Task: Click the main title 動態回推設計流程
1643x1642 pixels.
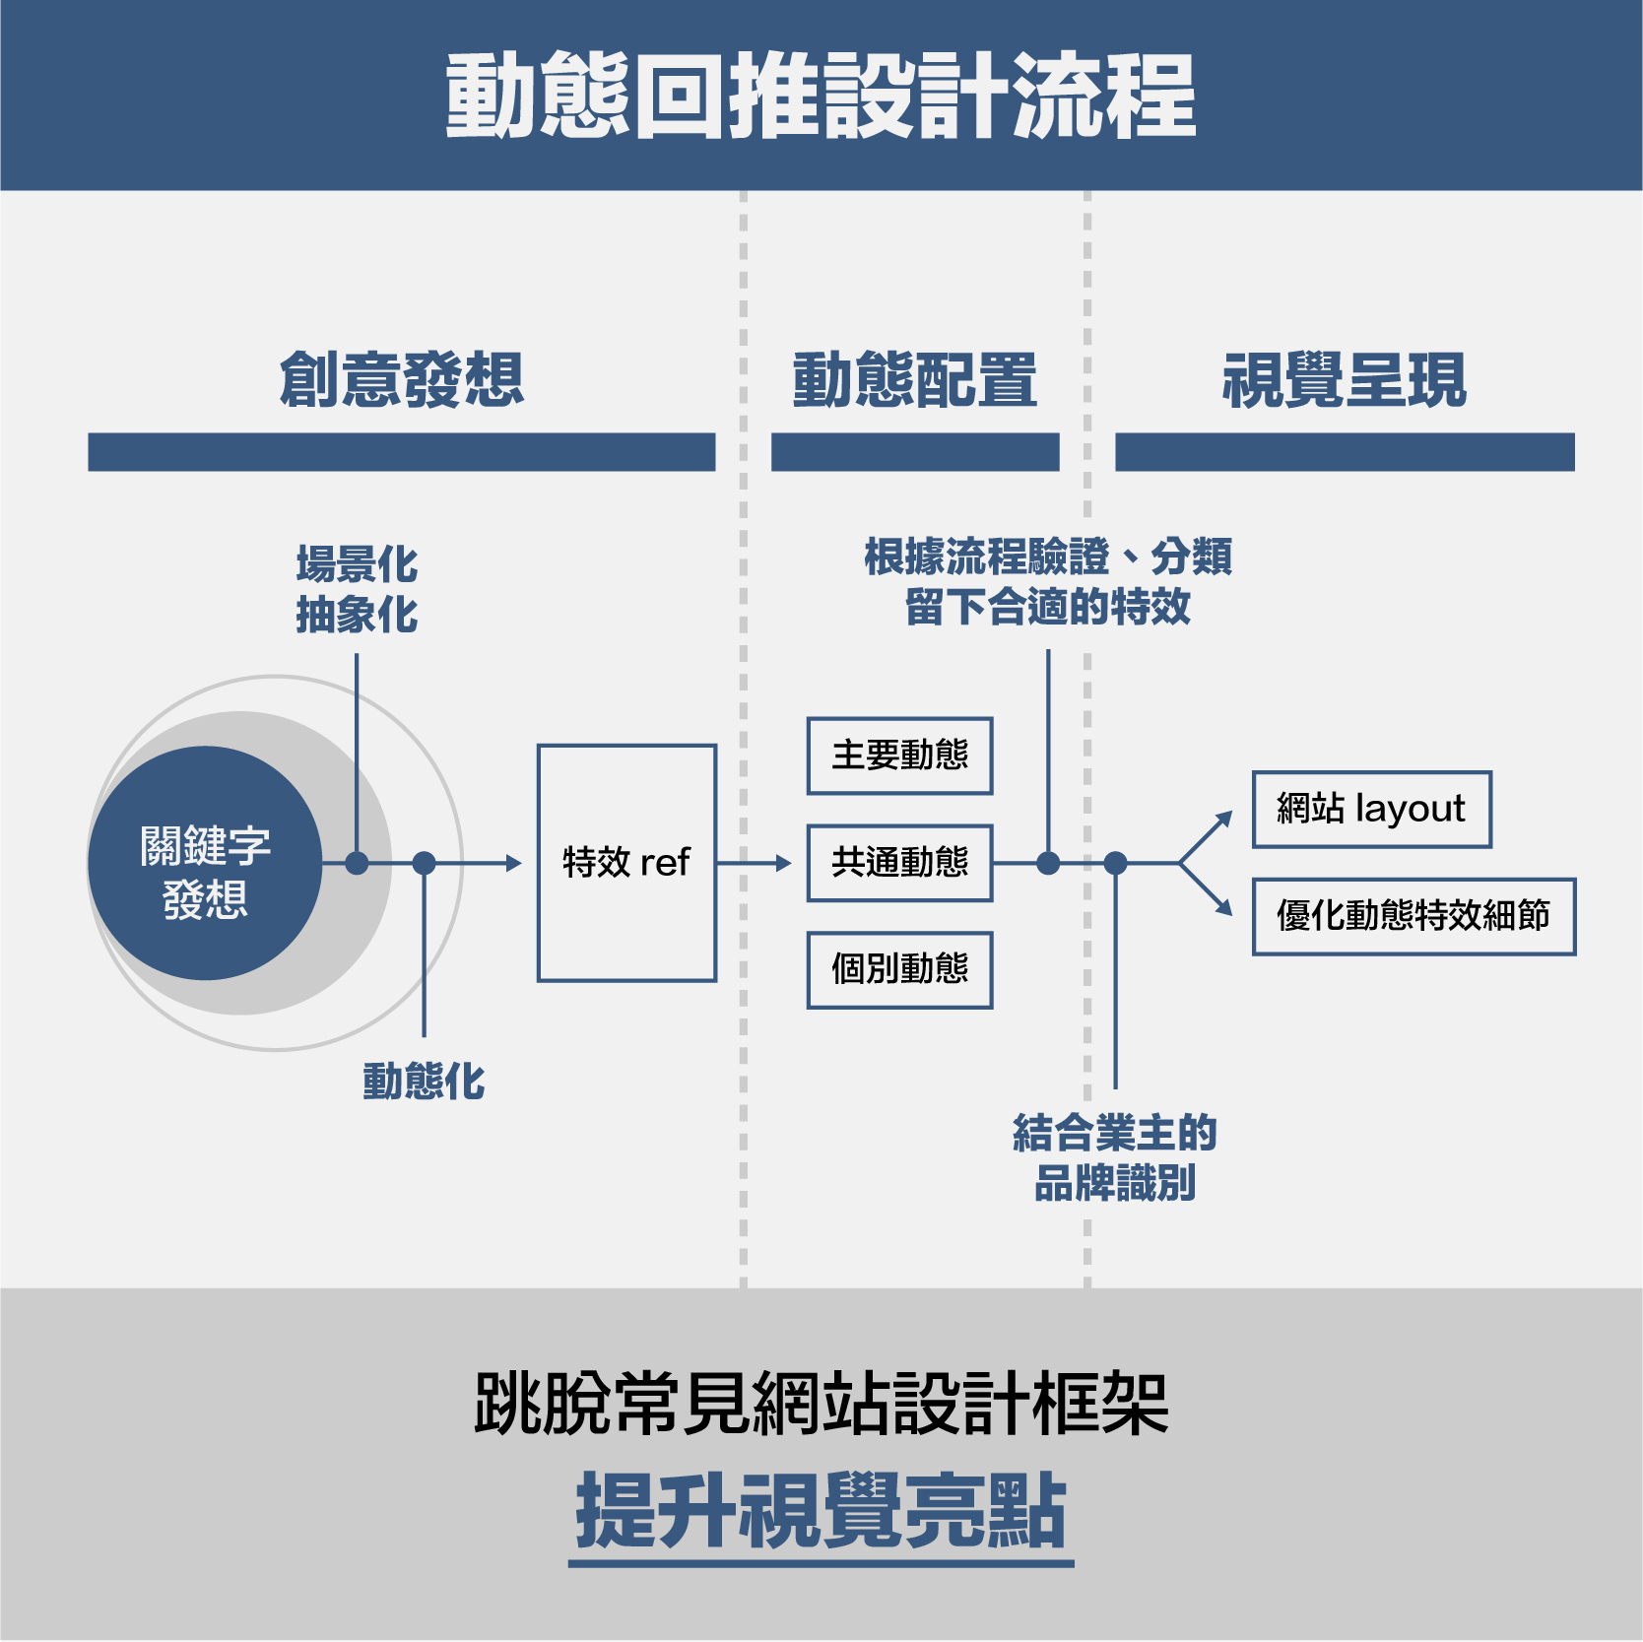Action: click(821, 96)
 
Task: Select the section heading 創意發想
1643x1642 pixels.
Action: click(402, 379)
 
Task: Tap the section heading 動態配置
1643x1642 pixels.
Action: click(915, 379)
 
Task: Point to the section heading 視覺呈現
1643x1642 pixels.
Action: click(1345, 379)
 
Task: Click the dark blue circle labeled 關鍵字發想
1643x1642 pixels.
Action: click(205, 863)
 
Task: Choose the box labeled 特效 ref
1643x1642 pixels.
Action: click(626, 863)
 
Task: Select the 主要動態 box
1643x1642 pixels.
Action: click(900, 755)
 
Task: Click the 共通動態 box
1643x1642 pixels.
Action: click(900, 863)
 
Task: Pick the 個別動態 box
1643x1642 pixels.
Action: click(900, 970)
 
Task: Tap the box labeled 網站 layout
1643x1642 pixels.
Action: click(1372, 810)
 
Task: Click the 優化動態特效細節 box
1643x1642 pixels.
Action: click(1414, 916)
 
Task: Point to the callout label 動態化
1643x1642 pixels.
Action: click(425, 1082)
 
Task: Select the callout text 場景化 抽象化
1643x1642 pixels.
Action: click(358, 589)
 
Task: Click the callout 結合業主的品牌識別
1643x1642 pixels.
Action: click(1115, 1157)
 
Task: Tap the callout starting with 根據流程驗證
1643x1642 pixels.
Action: click(1048, 581)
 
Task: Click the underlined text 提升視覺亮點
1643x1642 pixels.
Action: click(821, 1510)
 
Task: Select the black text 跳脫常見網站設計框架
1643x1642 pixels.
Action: click(821, 1404)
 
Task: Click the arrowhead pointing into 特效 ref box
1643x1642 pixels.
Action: click(513, 864)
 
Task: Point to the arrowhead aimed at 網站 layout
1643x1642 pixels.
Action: click(1224, 820)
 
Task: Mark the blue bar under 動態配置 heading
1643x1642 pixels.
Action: click(915, 452)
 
